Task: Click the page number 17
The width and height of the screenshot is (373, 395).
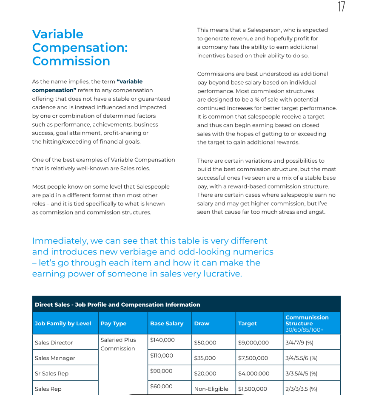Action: [341, 7]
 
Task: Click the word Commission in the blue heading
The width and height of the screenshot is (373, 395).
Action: [71, 61]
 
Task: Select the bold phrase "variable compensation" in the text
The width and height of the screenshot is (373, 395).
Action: [87, 86]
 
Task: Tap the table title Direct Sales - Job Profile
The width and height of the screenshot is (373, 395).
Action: [117, 305]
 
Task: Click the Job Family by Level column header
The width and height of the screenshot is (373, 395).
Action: [63, 324]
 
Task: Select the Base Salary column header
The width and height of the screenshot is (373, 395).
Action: [167, 324]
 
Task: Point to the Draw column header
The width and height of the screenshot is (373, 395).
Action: [202, 324]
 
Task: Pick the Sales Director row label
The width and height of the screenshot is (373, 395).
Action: [54, 343]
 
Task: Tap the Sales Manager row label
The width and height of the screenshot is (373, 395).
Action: [55, 358]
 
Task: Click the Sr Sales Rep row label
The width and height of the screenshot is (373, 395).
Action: [51, 374]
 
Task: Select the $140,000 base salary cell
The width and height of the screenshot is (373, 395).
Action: [162, 340]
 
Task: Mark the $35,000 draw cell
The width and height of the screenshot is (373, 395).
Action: [205, 358]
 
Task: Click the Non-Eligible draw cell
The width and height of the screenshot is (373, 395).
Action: [211, 389]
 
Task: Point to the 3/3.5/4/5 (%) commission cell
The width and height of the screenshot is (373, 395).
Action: [302, 374]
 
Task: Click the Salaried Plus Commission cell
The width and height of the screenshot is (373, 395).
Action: [118, 344]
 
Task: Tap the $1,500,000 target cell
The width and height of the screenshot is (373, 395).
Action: [253, 389]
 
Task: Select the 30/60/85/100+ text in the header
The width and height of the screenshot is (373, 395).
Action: [305, 330]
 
